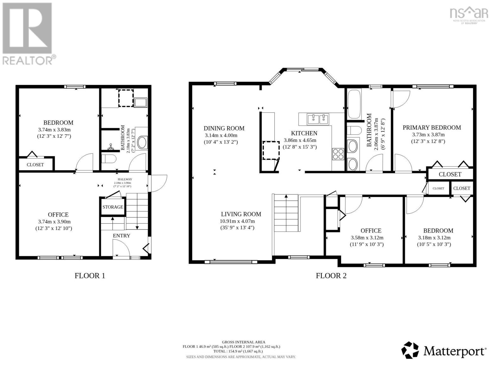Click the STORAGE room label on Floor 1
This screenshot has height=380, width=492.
[x=112, y=207]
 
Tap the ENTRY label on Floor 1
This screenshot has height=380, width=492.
[x=121, y=236]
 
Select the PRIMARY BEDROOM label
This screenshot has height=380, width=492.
[x=431, y=128]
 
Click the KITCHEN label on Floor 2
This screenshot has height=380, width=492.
[x=304, y=133]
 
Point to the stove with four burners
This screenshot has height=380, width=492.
[x=338, y=154]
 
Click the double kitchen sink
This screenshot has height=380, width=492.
[x=318, y=119]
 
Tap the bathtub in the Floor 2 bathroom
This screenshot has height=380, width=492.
[x=354, y=104]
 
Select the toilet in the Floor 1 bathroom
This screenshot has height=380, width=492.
[x=108, y=158]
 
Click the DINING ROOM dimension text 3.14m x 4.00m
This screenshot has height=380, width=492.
[x=221, y=135]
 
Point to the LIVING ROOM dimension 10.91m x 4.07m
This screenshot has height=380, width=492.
[x=237, y=221]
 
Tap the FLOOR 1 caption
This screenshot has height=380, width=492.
[x=90, y=276]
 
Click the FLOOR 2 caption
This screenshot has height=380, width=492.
[x=331, y=276]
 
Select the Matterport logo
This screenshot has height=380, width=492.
[x=444, y=351]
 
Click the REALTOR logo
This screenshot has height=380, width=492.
[x=28, y=33]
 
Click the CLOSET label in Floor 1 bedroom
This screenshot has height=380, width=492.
[x=35, y=165]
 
